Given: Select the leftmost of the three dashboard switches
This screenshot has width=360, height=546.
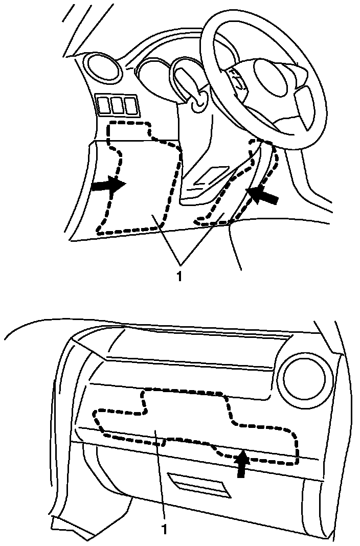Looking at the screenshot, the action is point(104,104).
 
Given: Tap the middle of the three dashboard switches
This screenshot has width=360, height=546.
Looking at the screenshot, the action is point(118,105).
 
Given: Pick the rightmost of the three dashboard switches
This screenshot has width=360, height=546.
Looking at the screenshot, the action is point(131,105).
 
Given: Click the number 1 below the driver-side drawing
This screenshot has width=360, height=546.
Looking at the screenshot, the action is point(179,276).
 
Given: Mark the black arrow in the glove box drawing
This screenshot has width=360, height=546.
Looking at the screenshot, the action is point(242,463).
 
